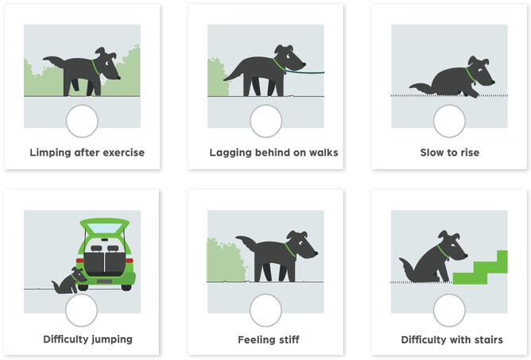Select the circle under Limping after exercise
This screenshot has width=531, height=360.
click(82, 121)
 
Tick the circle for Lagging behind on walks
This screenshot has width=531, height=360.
click(265, 121)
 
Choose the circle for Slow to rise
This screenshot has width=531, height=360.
click(449, 121)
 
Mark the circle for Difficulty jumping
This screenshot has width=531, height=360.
click(81, 310)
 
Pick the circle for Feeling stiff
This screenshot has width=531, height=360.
click(265, 310)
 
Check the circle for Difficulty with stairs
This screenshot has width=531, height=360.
click(449, 310)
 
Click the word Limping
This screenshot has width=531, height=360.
click(50, 153)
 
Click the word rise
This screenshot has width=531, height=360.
click(469, 153)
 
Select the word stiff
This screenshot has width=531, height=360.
click(288, 339)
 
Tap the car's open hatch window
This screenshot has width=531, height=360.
click(104, 228)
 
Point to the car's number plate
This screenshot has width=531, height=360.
click(104, 281)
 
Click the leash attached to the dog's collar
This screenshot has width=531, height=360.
click(304, 72)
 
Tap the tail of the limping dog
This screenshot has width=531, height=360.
click(54, 62)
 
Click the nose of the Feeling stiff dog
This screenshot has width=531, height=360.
click(316, 253)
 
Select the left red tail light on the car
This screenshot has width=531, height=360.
click(79, 261)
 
